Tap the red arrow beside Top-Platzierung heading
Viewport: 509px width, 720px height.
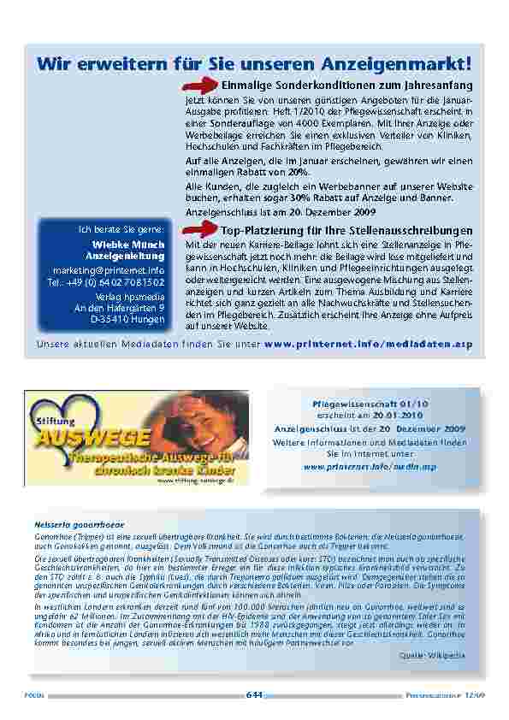[x=202, y=230]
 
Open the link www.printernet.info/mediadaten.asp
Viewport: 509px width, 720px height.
[x=369, y=343]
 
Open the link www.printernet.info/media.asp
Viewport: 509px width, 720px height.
[x=370, y=467]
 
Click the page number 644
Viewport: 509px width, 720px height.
[x=254, y=693]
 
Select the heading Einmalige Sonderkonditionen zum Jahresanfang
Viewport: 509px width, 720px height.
[x=346, y=86]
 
